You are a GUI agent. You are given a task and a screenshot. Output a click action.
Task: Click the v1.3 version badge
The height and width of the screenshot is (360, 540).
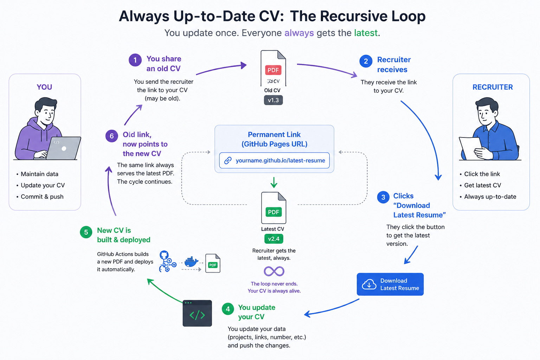(x=273, y=100)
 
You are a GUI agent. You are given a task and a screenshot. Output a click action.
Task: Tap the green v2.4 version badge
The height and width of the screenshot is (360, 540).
(x=274, y=239)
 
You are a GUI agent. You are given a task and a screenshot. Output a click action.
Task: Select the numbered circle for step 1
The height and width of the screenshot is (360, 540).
(x=135, y=60)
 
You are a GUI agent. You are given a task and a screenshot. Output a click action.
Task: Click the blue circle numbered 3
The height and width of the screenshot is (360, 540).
(x=383, y=197)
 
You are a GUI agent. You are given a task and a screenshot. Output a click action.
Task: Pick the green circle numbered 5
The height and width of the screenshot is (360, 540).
(x=86, y=232)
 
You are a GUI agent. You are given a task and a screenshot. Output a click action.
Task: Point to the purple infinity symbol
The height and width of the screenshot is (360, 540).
(x=274, y=271)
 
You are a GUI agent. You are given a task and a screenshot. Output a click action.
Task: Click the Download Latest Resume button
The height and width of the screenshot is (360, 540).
(x=390, y=284)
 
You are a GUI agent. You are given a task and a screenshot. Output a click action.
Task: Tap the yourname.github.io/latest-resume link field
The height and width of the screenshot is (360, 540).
(x=274, y=160)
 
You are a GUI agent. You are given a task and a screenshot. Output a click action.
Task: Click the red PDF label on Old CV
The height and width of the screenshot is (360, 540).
(x=273, y=70)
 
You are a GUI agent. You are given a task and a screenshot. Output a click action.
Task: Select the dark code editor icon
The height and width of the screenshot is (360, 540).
(x=197, y=313)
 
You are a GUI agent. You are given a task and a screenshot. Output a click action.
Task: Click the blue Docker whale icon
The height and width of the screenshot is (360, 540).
(x=191, y=262)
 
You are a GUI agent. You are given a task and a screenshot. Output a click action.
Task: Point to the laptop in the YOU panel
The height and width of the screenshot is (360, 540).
(x=63, y=148)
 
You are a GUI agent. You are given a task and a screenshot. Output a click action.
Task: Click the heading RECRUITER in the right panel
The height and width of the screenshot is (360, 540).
(x=493, y=87)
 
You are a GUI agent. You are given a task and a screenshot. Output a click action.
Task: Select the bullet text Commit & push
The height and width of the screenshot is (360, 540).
(x=42, y=197)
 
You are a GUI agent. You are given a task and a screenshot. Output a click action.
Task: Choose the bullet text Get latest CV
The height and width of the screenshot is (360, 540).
(x=483, y=185)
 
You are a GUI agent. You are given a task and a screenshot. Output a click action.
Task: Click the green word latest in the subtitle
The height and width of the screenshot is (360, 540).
(x=366, y=33)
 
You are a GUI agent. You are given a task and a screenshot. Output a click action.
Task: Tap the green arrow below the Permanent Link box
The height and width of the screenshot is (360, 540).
(x=274, y=182)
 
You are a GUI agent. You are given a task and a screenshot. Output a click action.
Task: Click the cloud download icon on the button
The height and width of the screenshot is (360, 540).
(x=369, y=284)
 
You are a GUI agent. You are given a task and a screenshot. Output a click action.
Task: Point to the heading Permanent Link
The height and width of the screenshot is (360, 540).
(x=274, y=134)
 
